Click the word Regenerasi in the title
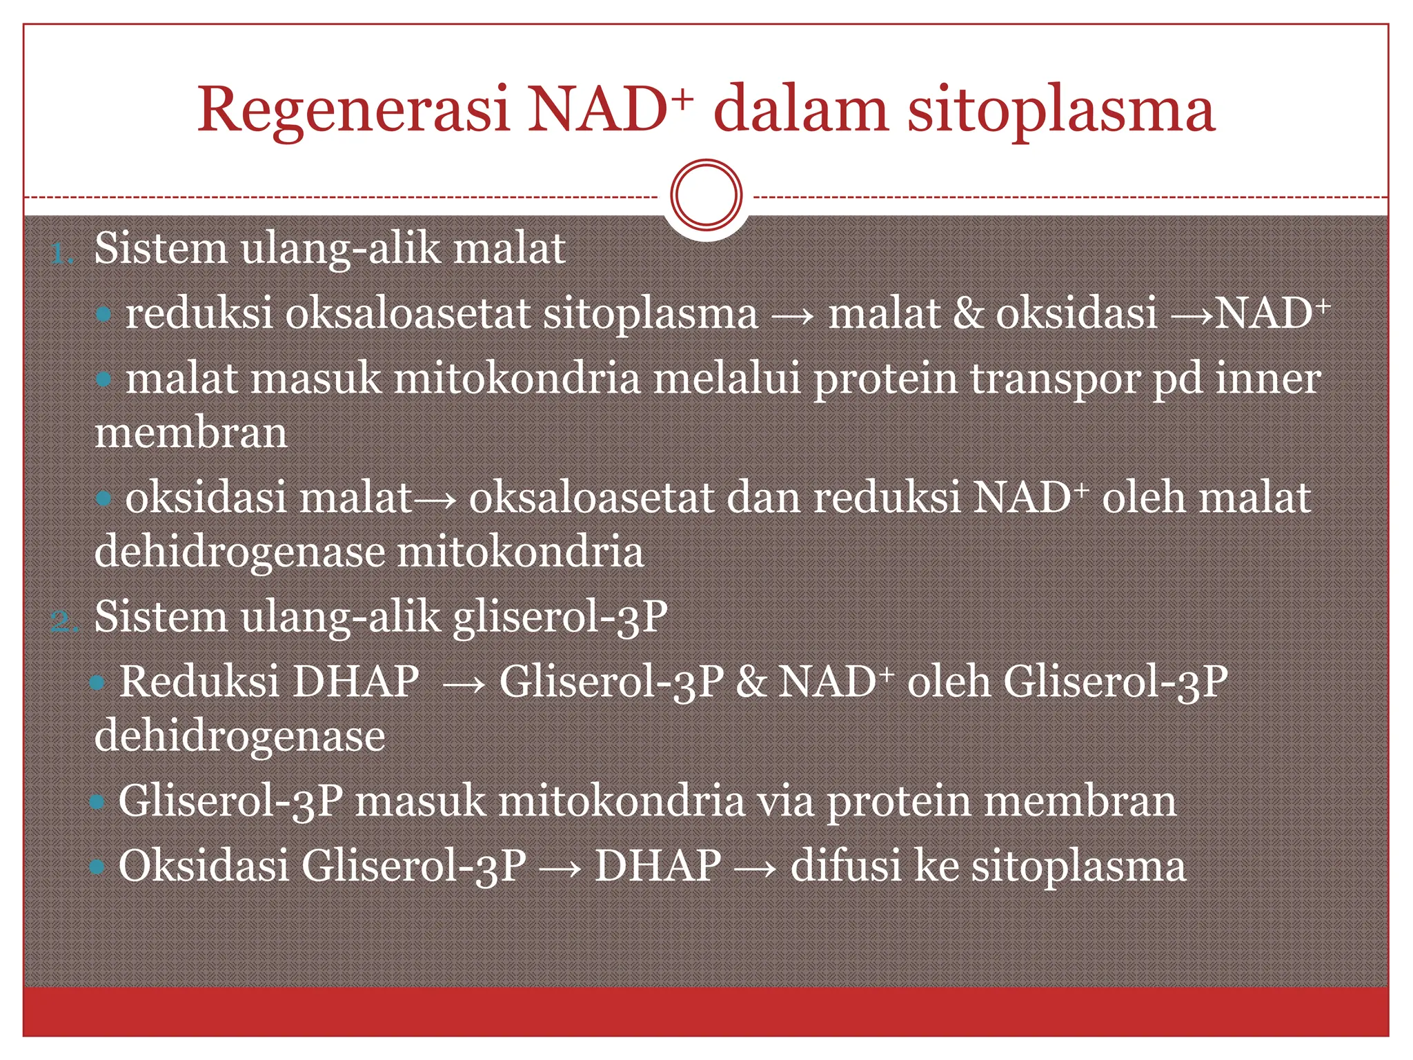[353, 110]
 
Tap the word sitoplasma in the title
[1060, 110]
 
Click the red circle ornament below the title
[706, 195]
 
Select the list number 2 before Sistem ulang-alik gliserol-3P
[64, 622]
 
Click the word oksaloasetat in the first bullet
[408, 314]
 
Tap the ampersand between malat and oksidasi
[969, 314]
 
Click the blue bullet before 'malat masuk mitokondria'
[103, 379]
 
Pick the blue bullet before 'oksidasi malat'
[103, 498]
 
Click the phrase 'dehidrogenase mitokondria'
[369, 552]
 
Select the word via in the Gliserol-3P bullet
[786, 802]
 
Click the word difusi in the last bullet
[846, 866]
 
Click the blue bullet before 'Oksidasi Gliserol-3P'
[97, 867]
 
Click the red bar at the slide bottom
[706, 1010]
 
